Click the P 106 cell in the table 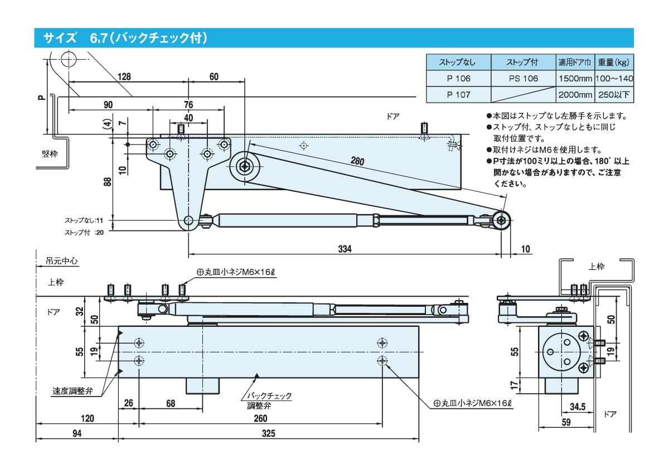click(x=458, y=79)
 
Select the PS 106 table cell click(x=523, y=79)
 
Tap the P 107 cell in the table click(x=458, y=95)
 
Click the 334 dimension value click(x=345, y=249)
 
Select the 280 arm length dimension click(x=357, y=162)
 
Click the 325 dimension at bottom click(x=268, y=433)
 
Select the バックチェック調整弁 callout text click(x=269, y=400)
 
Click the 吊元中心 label click(x=62, y=260)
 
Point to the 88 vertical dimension click(x=108, y=181)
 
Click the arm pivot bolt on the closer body click(x=245, y=165)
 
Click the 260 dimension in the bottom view click(x=260, y=418)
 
